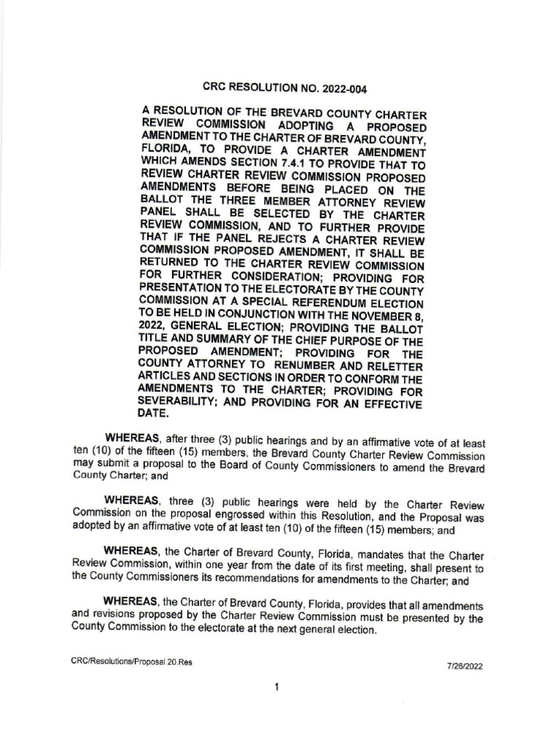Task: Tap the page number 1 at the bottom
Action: [x=278, y=686]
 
